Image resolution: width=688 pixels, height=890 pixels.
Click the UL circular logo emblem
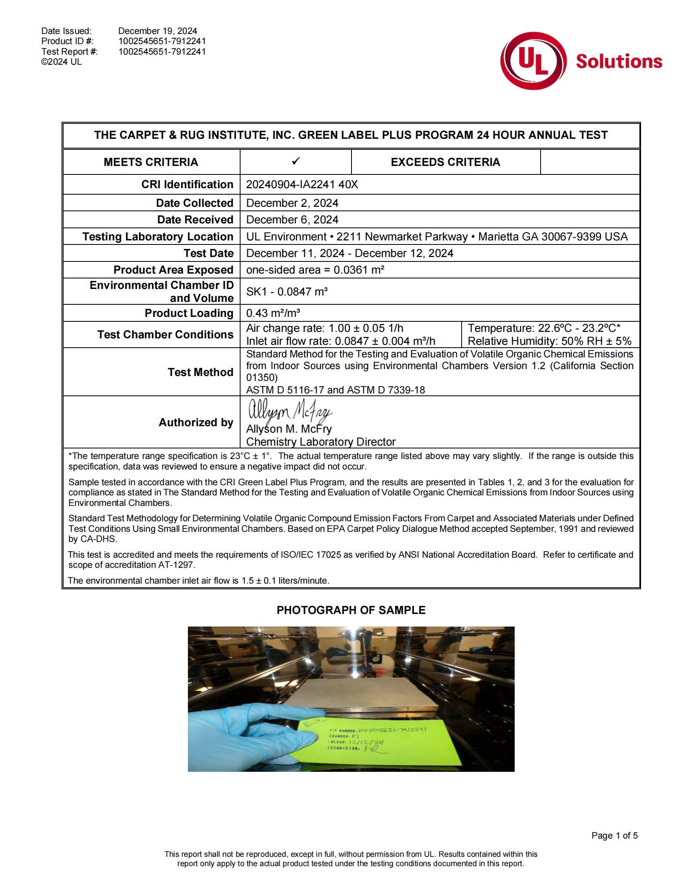[533, 61]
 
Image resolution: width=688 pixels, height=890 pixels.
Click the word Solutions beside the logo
[619, 61]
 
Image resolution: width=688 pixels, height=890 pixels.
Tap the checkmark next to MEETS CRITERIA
[296, 161]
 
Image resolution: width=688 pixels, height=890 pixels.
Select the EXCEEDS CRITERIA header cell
[445, 162]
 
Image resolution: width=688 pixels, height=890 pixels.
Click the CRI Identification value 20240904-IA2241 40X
[302, 185]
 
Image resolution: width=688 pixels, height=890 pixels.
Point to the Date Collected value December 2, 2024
[292, 203]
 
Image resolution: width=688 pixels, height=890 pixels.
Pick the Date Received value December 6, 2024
[292, 220]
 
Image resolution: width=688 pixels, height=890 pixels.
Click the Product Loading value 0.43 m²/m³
[273, 313]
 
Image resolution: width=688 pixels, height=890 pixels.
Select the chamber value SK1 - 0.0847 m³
[287, 291]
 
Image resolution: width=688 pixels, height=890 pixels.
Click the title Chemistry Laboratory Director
[321, 442]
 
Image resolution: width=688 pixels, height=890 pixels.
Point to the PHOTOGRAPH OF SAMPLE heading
[351, 610]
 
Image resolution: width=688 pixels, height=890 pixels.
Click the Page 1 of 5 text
[614, 835]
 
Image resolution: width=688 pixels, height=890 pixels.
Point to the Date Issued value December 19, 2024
[158, 31]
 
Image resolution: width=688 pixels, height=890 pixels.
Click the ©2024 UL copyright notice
[62, 62]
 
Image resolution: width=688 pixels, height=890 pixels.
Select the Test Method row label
[200, 372]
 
